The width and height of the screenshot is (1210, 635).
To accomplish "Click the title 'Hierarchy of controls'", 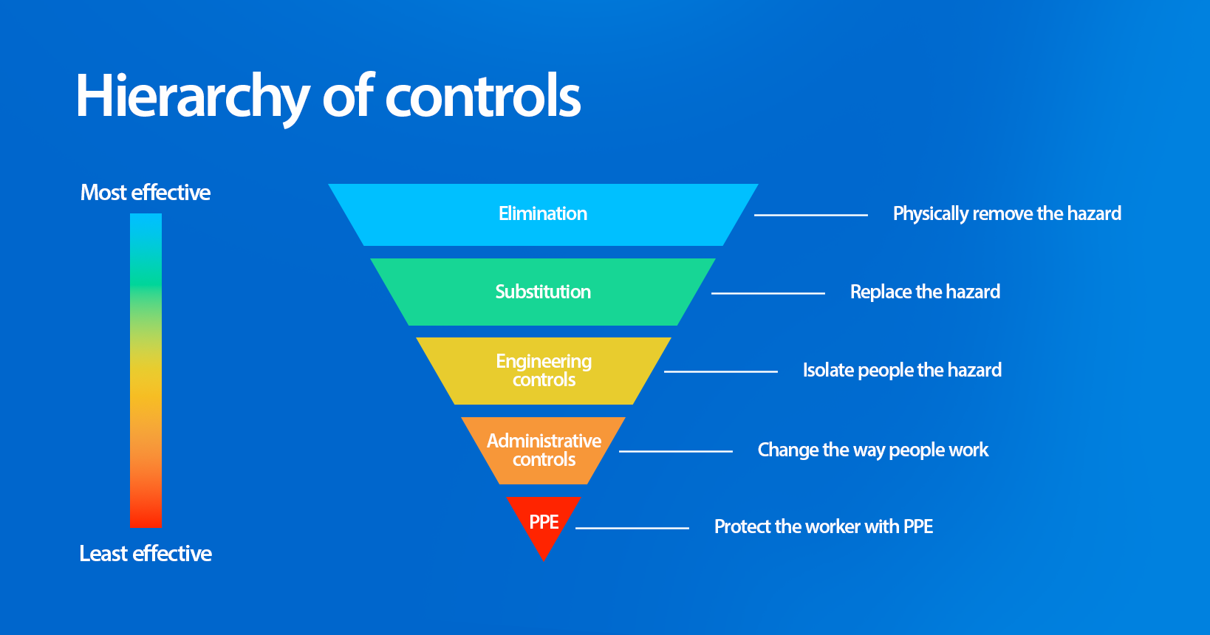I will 328,96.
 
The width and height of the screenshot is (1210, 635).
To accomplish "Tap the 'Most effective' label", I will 146,193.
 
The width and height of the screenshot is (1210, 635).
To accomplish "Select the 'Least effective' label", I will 146,554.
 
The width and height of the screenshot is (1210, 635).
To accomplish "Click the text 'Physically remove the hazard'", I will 1007,214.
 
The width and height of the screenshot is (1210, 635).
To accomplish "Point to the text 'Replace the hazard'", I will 925,292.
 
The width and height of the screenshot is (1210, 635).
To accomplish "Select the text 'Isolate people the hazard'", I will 902,371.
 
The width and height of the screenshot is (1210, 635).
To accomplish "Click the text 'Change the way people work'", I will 872,450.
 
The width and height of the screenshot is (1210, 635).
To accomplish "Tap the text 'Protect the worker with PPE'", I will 823,527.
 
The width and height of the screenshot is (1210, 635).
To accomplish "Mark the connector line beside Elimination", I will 810,215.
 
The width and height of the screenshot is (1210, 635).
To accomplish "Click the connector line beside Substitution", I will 768,293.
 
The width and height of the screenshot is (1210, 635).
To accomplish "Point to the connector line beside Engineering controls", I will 720,371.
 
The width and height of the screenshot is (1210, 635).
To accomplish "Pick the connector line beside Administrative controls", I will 675,451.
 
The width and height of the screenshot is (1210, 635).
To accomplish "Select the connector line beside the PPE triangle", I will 632,528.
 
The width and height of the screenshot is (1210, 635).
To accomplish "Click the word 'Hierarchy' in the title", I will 192,96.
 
